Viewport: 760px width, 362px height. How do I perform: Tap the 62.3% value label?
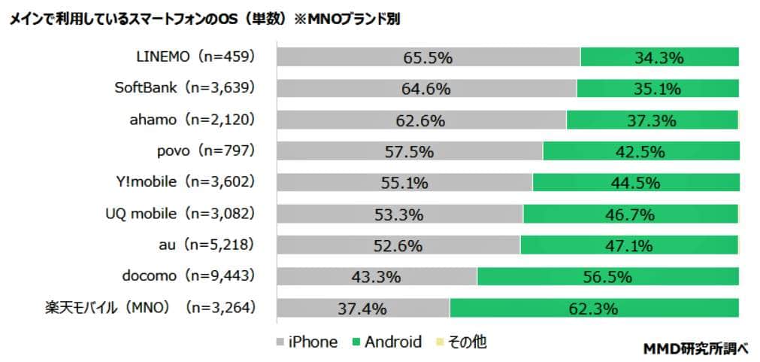(x=594, y=308)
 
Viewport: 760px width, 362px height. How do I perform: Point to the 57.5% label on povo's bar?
(x=410, y=151)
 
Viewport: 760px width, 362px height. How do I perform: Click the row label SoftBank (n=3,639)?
(x=185, y=87)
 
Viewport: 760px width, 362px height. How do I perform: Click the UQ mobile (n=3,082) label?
(x=180, y=213)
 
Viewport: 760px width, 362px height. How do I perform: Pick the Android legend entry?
(x=386, y=342)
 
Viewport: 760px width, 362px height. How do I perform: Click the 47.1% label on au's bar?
(x=629, y=245)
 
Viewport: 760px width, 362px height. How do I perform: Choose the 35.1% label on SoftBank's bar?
(x=657, y=89)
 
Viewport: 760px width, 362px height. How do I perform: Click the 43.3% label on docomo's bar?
(x=376, y=277)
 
